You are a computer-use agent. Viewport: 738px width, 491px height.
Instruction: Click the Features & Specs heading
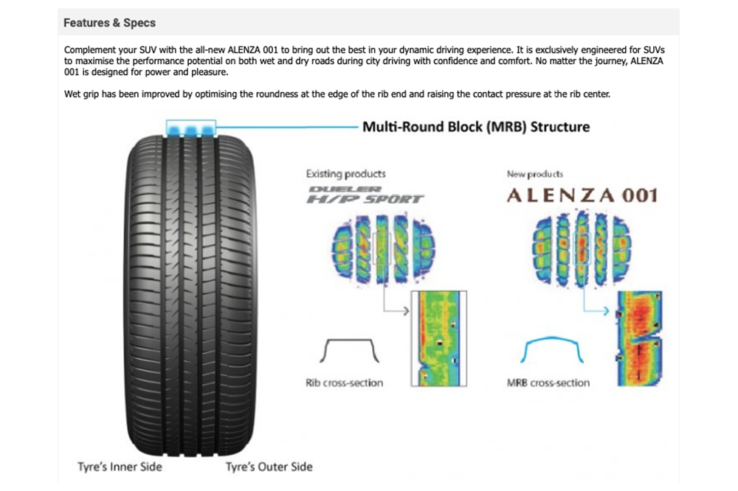pyautogui.click(x=109, y=23)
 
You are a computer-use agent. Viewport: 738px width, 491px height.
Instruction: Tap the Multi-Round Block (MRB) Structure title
pyautogui.click(x=476, y=127)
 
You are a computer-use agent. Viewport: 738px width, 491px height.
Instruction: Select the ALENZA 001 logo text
pyautogui.click(x=582, y=195)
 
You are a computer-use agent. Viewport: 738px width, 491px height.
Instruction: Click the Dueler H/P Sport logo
pyautogui.click(x=365, y=195)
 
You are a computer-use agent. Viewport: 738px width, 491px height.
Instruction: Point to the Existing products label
pyautogui.click(x=345, y=173)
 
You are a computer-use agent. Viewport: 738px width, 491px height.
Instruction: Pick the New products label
pyautogui.click(x=534, y=174)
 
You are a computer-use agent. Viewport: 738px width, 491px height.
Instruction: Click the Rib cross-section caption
pyautogui.click(x=345, y=383)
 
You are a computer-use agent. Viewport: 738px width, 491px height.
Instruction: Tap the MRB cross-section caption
pyautogui.click(x=548, y=383)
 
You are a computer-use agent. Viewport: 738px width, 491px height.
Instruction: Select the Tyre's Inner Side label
pyautogui.click(x=120, y=467)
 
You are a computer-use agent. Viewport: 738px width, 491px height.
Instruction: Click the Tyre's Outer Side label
pyautogui.click(x=269, y=467)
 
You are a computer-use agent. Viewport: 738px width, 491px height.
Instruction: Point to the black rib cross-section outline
pyautogui.click(x=349, y=340)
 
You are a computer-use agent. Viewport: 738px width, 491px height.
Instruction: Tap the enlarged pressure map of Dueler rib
pyautogui.click(x=438, y=338)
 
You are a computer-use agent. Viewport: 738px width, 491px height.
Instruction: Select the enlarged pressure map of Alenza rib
pyautogui.click(x=640, y=338)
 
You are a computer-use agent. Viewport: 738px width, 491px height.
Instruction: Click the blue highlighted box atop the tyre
pyautogui.click(x=190, y=128)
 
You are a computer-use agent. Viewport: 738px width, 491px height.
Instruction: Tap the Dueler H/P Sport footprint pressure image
pyautogui.click(x=383, y=249)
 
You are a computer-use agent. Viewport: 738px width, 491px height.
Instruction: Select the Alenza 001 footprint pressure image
pyautogui.click(x=582, y=248)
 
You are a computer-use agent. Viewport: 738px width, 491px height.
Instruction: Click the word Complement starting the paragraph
pyautogui.click(x=87, y=50)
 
